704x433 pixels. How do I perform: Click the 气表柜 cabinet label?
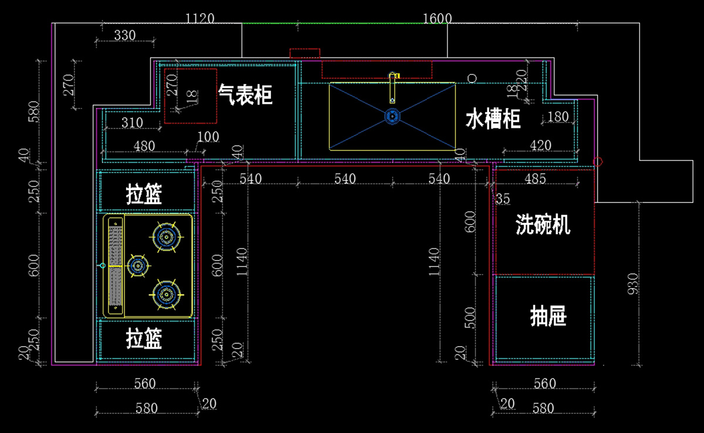click(x=245, y=94)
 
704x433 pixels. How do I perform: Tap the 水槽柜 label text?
click(x=493, y=119)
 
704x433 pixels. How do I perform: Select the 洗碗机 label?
click(x=543, y=224)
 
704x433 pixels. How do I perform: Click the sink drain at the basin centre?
click(x=392, y=116)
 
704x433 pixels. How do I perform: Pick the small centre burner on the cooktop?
click(x=138, y=266)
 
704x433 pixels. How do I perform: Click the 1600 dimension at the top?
click(x=437, y=19)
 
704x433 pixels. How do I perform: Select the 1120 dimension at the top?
click(x=199, y=19)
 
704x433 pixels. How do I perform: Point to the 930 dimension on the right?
click(x=633, y=284)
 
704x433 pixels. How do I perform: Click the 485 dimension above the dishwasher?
click(x=534, y=178)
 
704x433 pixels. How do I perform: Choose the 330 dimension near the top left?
click(x=124, y=36)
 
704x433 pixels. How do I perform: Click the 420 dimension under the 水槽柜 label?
click(x=540, y=145)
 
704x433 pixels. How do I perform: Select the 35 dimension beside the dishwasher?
click(x=503, y=198)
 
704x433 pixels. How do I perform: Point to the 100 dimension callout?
click(x=208, y=137)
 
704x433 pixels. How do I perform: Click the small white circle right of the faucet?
click(x=471, y=78)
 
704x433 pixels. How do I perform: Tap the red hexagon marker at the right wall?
click(x=598, y=161)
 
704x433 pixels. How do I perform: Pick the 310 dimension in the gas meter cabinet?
click(x=132, y=123)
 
